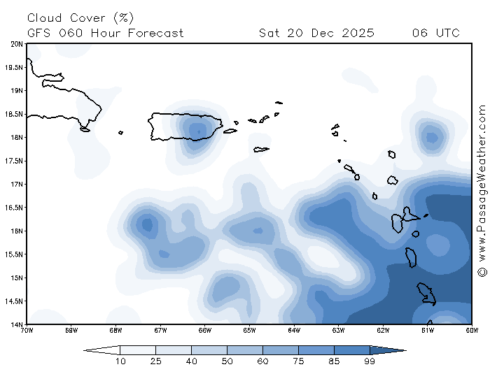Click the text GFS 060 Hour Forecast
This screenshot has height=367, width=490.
click(106, 33)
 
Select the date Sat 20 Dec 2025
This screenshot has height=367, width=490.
click(316, 33)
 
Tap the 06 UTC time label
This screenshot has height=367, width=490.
click(435, 33)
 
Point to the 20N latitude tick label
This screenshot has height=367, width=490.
click(17, 44)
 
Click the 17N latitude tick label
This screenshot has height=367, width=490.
click(17, 185)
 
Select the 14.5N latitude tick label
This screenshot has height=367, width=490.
click(15, 301)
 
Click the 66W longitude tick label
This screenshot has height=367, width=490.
click(205, 330)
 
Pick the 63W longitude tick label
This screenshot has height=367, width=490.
click(339, 330)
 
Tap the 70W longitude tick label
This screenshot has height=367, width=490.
click(27, 330)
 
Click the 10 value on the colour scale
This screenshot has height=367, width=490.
click(120, 361)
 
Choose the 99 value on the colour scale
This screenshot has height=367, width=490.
click(370, 361)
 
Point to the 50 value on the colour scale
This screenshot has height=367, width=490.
click(227, 361)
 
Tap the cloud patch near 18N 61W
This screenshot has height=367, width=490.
click(431, 137)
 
